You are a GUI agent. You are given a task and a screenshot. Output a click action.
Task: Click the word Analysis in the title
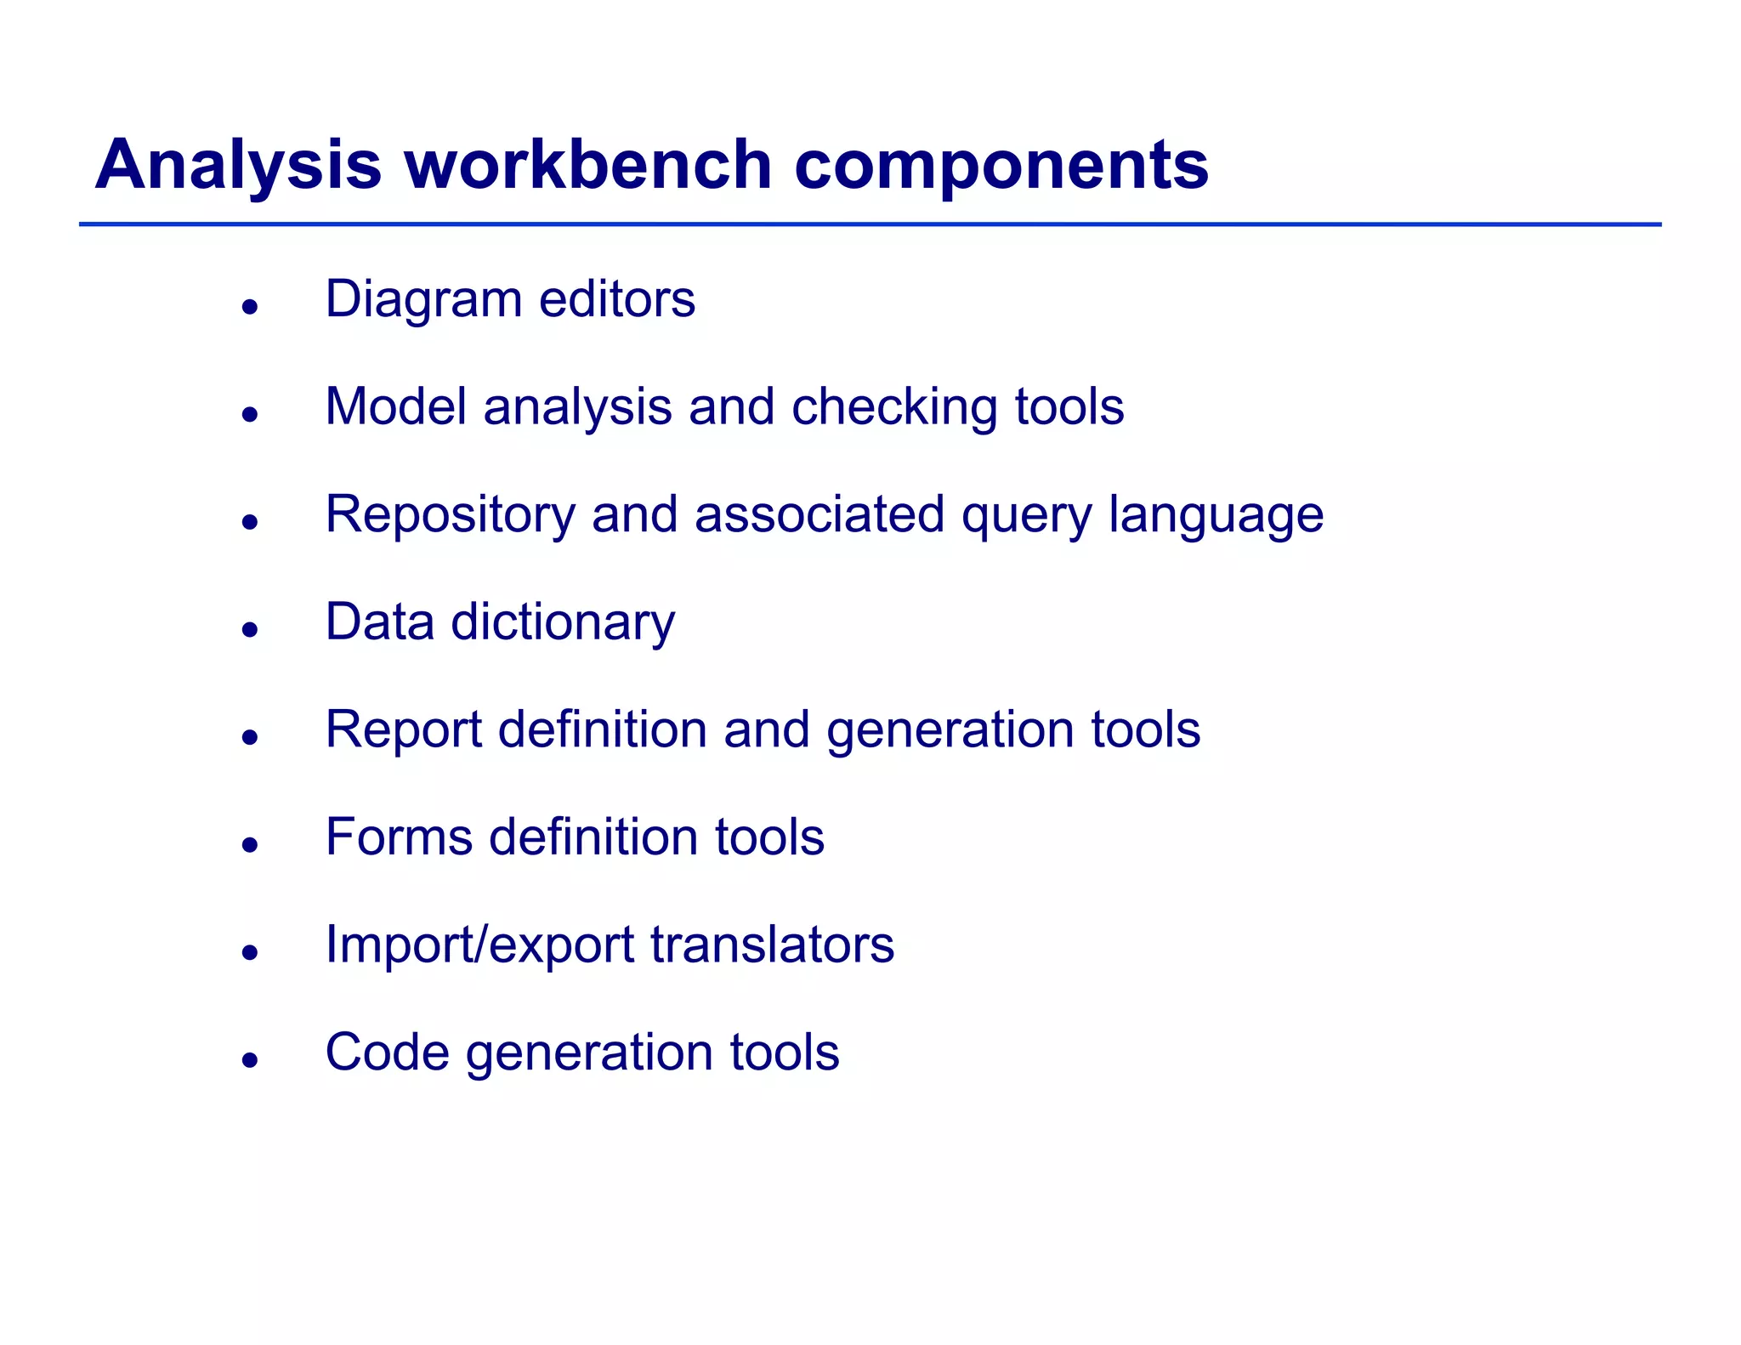click(238, 166)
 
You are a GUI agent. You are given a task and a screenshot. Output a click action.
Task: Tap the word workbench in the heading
click(587, 164)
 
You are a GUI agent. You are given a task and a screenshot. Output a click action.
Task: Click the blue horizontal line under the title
click(870, 224)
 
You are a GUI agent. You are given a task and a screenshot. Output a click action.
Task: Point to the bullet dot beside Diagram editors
click(249, 306)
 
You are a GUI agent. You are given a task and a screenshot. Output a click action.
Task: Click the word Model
click(395, 406)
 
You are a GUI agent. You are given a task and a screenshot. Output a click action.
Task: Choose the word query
click(1026, 516)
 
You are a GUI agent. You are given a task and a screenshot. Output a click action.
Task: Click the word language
click(1216, 516)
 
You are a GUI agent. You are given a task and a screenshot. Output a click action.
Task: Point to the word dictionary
click(563, 623)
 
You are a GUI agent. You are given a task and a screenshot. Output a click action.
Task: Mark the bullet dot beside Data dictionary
click(249, 629)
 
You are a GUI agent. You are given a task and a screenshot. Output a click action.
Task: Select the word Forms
click(399, 837)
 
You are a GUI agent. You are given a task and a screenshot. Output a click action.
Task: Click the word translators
click(772, 945)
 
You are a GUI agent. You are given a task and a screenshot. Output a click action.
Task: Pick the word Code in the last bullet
click(387, 1053)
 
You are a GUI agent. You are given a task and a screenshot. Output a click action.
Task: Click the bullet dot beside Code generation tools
click(249, 1059)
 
